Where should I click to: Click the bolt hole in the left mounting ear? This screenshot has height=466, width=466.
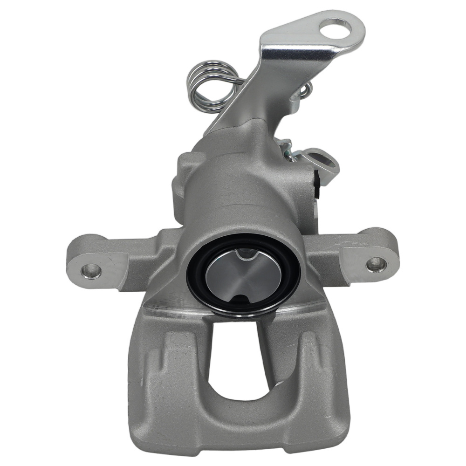91,270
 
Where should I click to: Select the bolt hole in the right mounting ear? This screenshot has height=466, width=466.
376,264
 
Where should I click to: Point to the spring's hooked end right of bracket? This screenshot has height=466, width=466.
306,91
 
